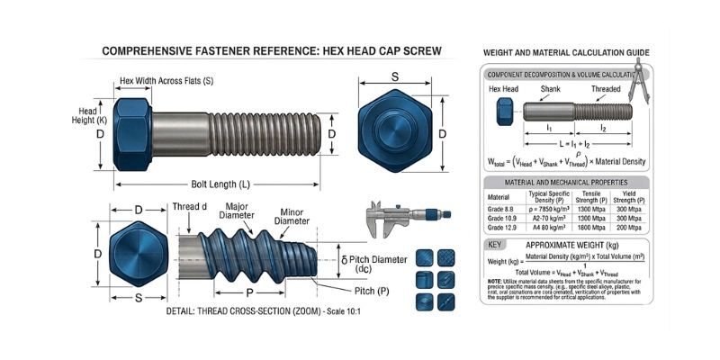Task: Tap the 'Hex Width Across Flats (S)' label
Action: [x=166, y=81]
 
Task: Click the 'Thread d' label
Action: [x=191, y=207]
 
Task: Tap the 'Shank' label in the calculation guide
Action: [x=551, y=90]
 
